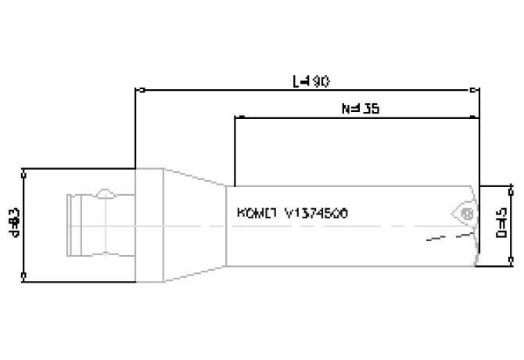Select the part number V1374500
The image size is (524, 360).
(x=316, y=213)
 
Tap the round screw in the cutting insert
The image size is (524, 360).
(x=466, y=212)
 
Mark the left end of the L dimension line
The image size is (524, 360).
(x=137, y=89)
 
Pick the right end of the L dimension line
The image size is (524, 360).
(x=479, y=89)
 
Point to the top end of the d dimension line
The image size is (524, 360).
(x=24, y=169)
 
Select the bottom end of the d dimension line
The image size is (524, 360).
(x=24, y=277)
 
